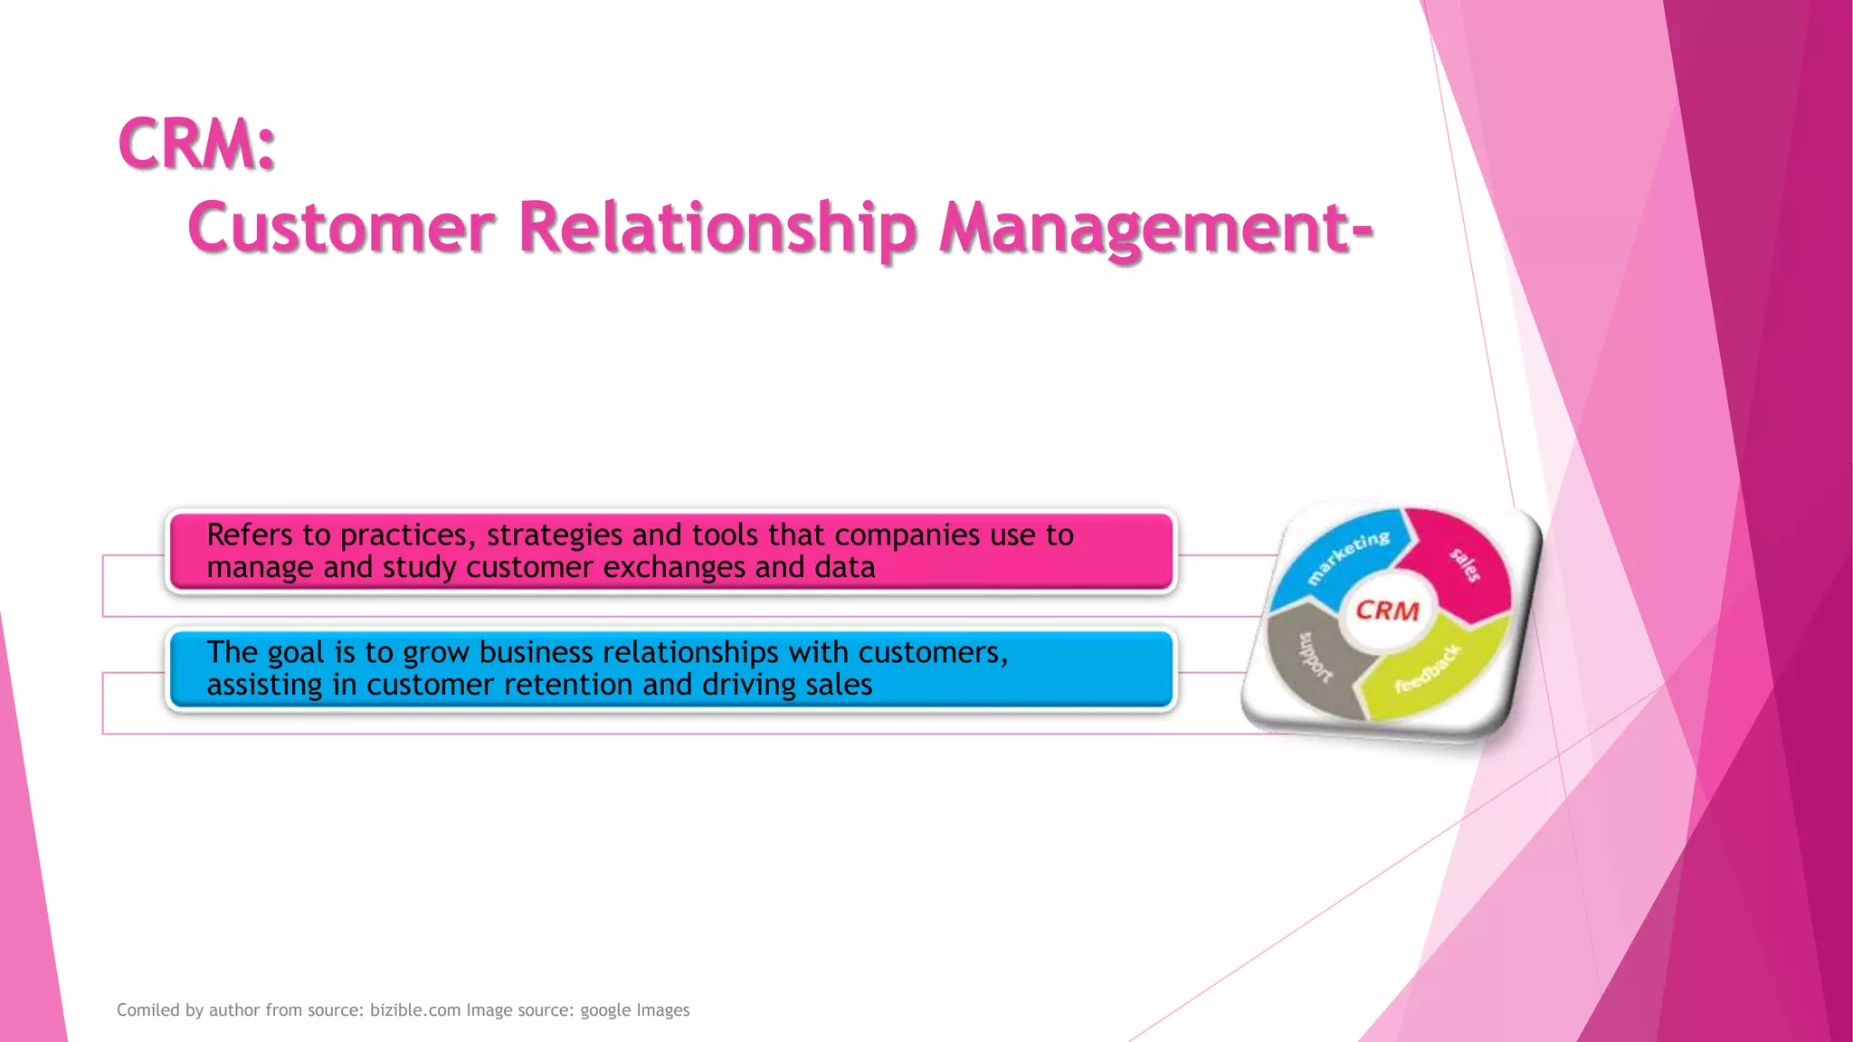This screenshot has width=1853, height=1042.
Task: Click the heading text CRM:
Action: pos(196,144)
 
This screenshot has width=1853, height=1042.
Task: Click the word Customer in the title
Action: pos(341,227)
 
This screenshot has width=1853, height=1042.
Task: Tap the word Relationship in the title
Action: pos(717,227)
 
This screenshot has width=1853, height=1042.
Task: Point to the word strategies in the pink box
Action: pos(554,535)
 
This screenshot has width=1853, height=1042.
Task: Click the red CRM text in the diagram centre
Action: pos(1387,611)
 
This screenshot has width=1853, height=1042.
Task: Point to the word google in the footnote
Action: pos(604,1010)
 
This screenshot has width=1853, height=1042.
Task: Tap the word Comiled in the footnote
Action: pos(147,1010)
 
